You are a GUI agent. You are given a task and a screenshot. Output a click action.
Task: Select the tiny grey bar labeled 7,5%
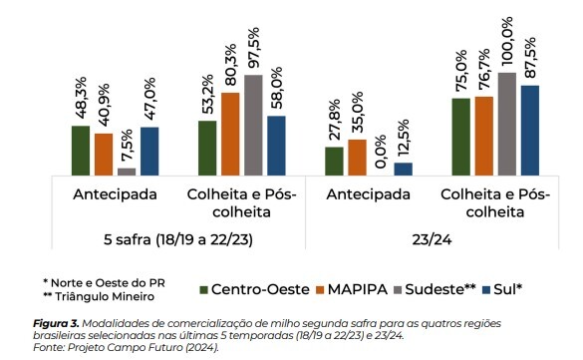[127, 172]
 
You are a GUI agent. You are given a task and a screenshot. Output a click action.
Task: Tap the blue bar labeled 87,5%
[530, 130]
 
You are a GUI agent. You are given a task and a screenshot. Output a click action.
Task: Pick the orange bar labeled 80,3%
[230, 134]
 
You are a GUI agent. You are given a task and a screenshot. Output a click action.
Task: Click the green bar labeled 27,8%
[335, 161]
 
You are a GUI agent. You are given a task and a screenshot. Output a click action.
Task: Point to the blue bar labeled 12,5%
[403, 169]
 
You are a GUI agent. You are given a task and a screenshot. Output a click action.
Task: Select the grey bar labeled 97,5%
[253, 125]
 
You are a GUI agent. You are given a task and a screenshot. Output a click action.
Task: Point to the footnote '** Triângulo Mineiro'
[100, 297]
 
